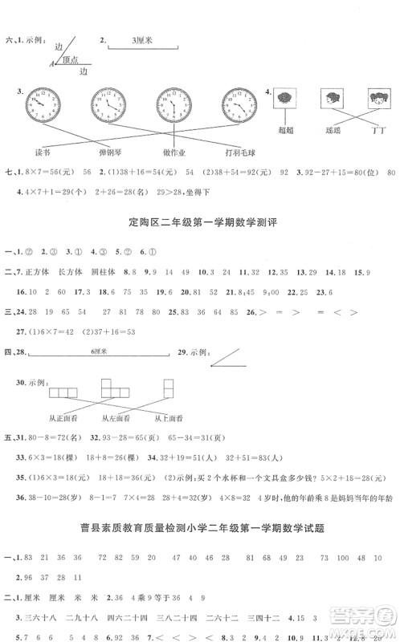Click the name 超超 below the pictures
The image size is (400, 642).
(x=284, y=128)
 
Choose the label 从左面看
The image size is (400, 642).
(x=116, y=418)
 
